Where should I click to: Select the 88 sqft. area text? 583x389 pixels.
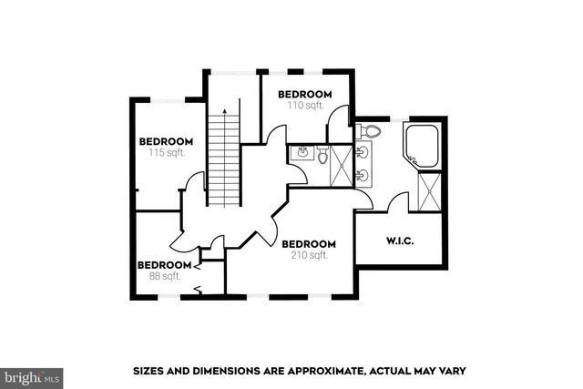[165, 276]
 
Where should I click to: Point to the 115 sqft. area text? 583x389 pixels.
[165, 152]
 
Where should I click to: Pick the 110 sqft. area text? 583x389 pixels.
[304, 105]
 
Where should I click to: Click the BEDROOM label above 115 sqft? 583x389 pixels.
[165, 141]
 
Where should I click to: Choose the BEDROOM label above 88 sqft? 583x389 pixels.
[165, 265]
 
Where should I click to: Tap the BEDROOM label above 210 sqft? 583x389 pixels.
[309, 244]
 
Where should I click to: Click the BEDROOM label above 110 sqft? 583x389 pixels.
[304, 94]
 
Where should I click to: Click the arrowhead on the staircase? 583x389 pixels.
[223, 109]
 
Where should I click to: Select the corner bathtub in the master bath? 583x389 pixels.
[421, 146]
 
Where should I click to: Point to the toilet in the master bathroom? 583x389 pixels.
[370, 132]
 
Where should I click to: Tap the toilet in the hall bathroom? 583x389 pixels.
[322, 157]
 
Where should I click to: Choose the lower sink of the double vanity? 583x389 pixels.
[364, 174]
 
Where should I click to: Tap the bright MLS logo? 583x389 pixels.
[32, 374]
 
